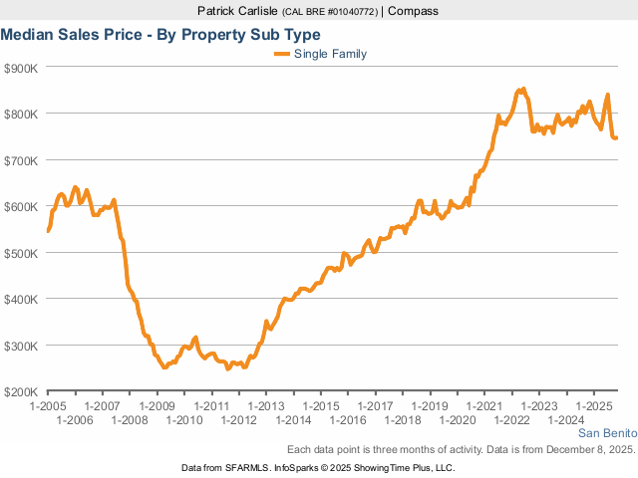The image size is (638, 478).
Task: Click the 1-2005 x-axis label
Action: tap(48, 406)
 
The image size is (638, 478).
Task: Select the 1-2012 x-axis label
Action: tap(239, 420)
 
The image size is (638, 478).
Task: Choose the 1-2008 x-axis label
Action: tap(130, 420)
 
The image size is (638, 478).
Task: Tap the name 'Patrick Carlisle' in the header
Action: tap(238, 11)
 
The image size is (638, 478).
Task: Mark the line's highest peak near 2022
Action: tap(523, 90)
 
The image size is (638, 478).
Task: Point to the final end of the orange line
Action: tap(616, 137)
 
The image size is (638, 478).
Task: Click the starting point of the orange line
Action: tap(48, 231)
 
